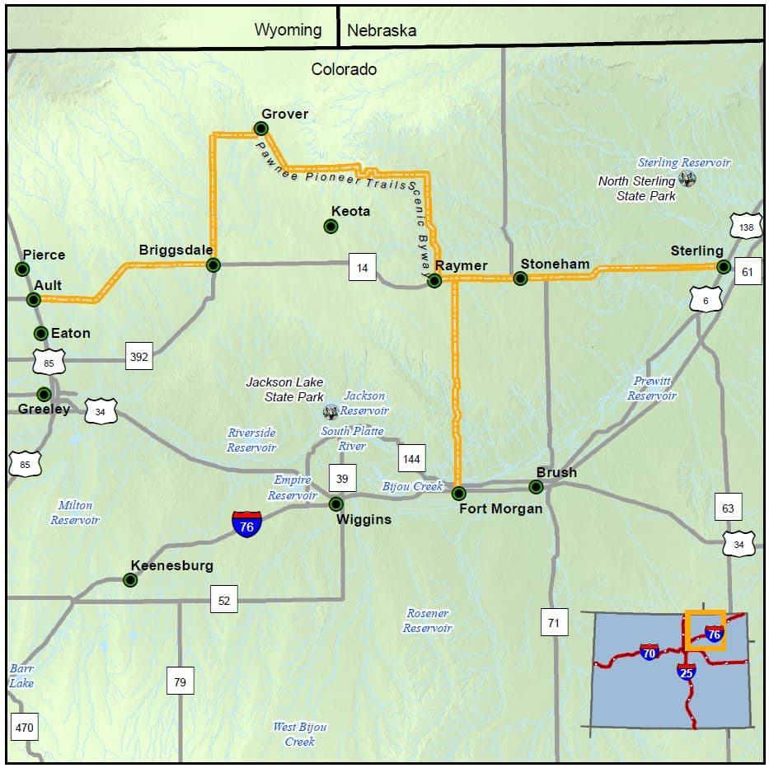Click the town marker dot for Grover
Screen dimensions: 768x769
click(x=261, y=128)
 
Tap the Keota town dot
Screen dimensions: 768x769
click(x=331, y=226)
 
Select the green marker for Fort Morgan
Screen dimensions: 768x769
click(x=459, y=493)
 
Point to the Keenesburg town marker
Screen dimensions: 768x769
click(x=130, y=580)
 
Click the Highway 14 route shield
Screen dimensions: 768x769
click(x=363, y=267)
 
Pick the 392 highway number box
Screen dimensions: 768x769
click(x=138, y=357)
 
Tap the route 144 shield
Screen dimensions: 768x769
click(x=412, y=457)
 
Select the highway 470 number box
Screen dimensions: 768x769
click(x=25, y=728)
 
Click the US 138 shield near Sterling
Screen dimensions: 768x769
click(x=745, y=227)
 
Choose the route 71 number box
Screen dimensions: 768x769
click(x=553, y=623)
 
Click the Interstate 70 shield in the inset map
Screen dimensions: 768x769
click(x=649, y=653)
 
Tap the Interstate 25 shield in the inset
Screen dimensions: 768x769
click(x=687, y=672)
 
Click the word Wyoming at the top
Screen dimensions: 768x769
click(x=288, y=30)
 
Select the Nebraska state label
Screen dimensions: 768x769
click(x=382, y=31)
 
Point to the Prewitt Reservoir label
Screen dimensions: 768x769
click(x=652, y=388)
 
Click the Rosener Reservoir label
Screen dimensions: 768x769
click(x=428, y=620)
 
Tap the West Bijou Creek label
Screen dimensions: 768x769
click(x=300, y=733)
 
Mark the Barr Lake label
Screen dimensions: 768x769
click(x=21, y=676)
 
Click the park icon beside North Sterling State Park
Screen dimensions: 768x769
click(x=687, y=179)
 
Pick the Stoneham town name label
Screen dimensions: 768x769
click(x=555, y=264)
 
